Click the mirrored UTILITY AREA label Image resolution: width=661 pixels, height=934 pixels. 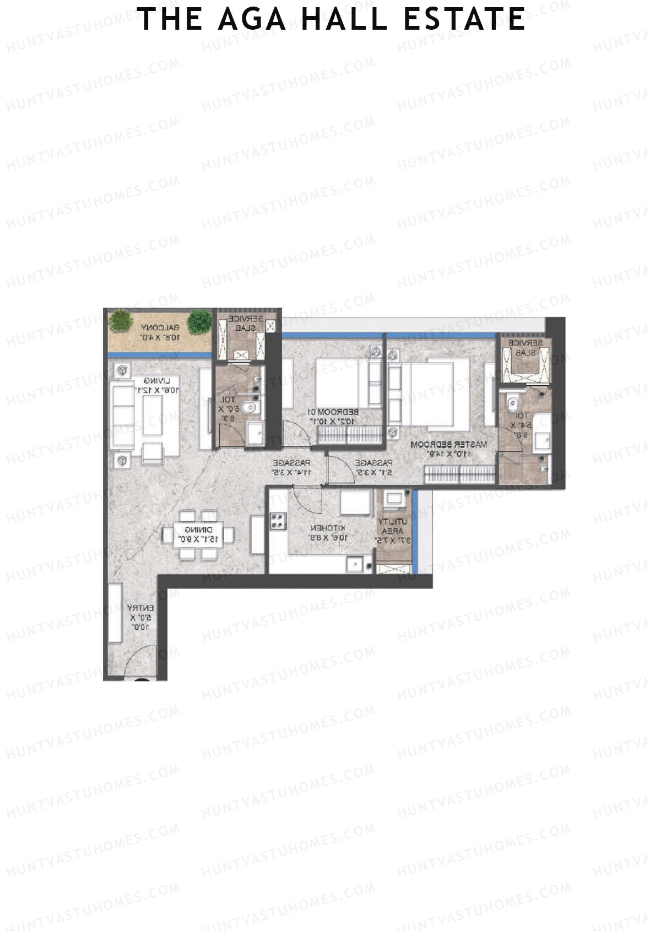(x=392, y=531)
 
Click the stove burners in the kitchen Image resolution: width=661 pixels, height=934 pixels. (x=278, y=520)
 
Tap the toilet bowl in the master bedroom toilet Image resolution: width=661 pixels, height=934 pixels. (x=513, y=403)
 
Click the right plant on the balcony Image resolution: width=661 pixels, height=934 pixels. (x=199, y=322)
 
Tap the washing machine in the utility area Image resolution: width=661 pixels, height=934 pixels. (x=393, y=501)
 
